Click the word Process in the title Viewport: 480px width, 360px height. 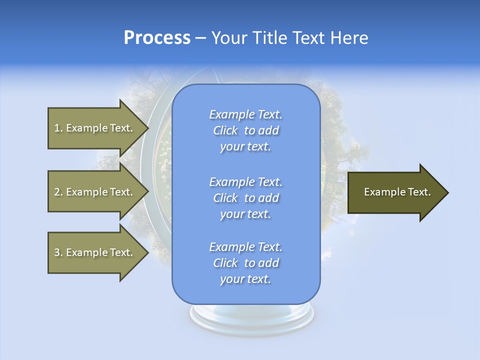pos(157,38)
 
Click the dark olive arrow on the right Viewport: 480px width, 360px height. pos(395,192)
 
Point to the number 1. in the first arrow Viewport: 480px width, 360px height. pos(58,128)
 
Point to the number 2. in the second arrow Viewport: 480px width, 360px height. pos(58,192)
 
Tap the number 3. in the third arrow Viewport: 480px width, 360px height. pos(58,252)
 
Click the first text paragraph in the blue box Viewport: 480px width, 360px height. pos(245,130)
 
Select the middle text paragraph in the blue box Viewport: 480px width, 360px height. pos(245,198)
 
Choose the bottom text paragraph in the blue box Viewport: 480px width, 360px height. pos(245,263)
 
